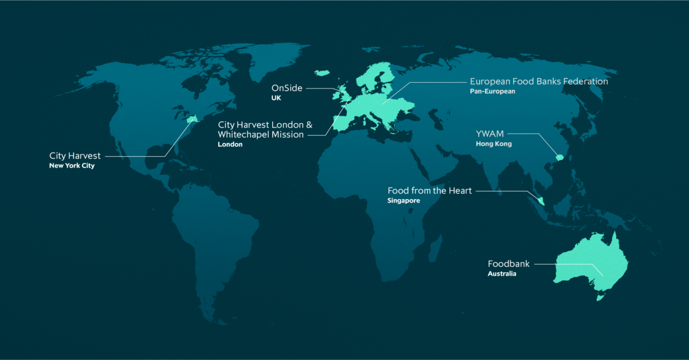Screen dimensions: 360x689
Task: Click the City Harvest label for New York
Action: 75,156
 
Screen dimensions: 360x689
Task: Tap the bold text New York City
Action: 72,166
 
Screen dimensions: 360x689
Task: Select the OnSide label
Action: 287,88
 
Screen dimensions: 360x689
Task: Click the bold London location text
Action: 230,145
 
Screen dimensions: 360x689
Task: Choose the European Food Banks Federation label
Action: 539,82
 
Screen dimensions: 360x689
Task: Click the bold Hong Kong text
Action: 493,144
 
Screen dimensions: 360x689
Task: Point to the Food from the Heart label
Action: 429,191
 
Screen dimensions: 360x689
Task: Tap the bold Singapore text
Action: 404,201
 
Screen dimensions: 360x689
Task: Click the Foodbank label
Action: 509,264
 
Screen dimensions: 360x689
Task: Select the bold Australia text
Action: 502,274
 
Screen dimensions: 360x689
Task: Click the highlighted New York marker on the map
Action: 192,119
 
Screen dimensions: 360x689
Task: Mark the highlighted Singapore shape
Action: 541,200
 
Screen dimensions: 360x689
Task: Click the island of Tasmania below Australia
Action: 602,296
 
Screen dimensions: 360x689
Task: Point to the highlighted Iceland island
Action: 322,72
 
